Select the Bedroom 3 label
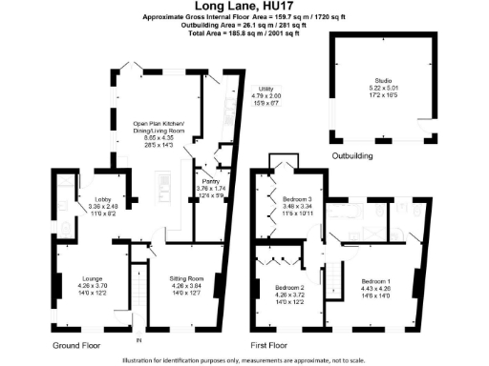click(x=298, y=197)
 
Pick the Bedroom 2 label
click(x=288, y=287)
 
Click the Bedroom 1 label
click(x=375, y=280)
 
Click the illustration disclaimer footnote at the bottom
click(x=244, y=359)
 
